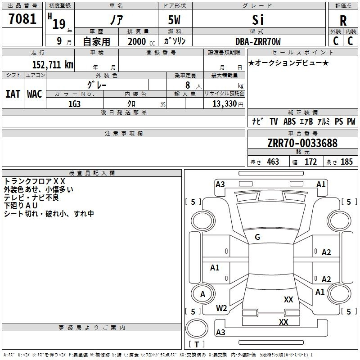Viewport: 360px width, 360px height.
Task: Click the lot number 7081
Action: pos(22,20)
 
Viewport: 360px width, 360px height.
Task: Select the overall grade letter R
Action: pos(343,21)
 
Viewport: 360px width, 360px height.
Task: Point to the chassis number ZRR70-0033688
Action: pos(302,143)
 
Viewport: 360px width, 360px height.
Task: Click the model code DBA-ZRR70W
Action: pos(258,41)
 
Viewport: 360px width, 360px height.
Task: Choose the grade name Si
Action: pos(258,20)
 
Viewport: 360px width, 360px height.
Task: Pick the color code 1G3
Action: pos(74,103)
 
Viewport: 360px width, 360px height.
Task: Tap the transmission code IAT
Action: pos(13,94)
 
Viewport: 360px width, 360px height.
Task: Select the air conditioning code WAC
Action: pos(35,94)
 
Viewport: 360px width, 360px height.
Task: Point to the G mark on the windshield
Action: pos(257,237)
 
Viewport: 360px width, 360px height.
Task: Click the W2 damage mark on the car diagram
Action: pos(221,308)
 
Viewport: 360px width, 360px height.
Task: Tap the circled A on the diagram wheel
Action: pos(202,294)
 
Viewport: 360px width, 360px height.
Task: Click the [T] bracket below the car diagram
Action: pos(196,345)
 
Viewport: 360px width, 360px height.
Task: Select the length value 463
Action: pos(273,162)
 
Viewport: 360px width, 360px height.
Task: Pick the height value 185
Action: pos(346,162)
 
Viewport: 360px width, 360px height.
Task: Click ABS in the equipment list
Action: pos(289,121)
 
